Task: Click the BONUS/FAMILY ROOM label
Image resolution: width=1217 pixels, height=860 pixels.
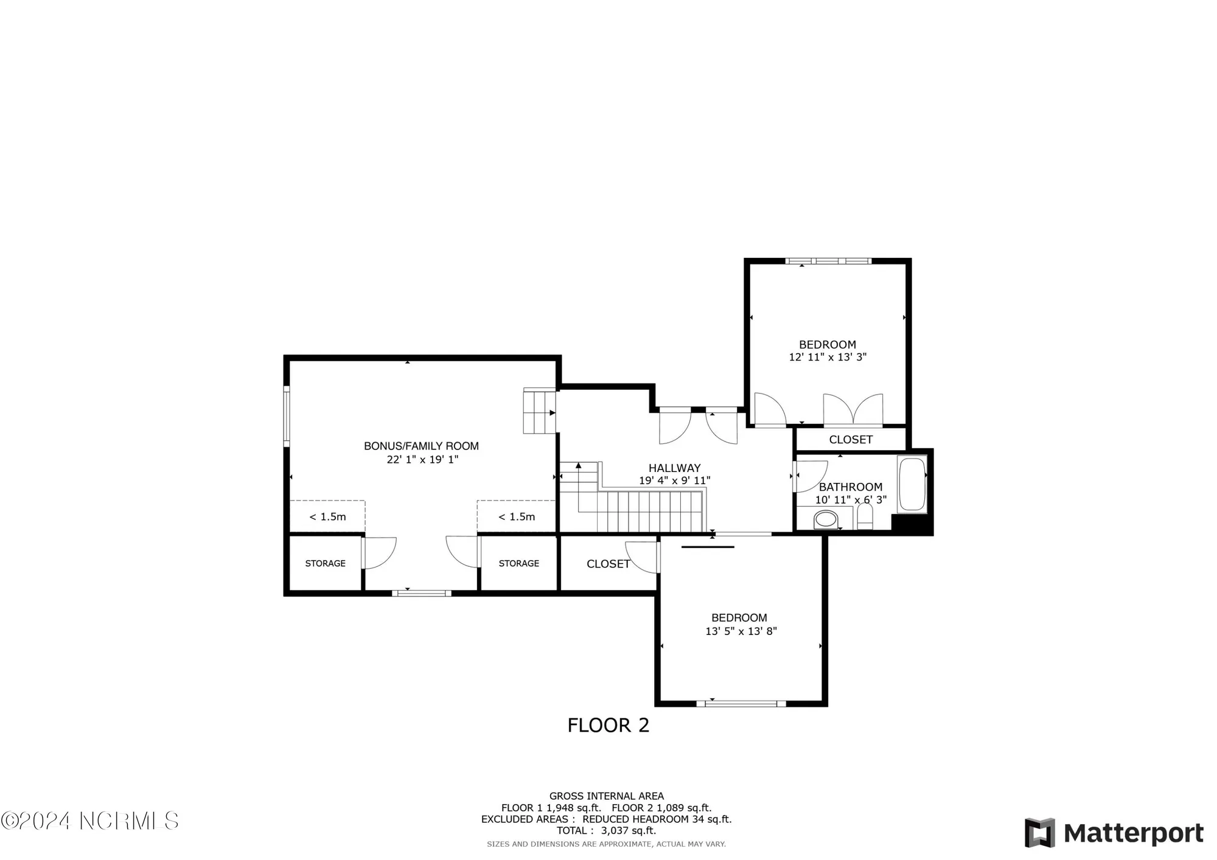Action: [421, 446]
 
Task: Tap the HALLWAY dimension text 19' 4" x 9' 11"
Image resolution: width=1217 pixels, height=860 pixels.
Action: [674, 480]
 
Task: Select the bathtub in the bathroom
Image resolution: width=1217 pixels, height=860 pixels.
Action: [912, 484]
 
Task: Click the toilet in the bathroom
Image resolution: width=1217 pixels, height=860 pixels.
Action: [865, 518]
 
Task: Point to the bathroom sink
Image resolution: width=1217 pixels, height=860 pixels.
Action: [826, 519]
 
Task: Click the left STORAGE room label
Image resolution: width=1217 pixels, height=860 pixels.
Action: [325, 563]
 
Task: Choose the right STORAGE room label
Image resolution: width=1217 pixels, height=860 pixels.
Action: [518, 563]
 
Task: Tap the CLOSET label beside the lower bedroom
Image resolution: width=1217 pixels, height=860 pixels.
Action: [607, 564]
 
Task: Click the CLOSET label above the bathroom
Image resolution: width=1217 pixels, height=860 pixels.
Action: [851, 439]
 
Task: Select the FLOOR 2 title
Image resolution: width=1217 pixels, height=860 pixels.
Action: [608, 725]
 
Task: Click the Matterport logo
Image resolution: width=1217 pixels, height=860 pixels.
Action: [1114, 833]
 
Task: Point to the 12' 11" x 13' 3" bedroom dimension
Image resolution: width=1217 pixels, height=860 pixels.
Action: [828, 357]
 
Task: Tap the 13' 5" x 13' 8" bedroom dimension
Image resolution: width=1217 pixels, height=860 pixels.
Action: [741, 631]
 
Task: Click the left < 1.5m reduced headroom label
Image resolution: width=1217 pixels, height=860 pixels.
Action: [327, 517]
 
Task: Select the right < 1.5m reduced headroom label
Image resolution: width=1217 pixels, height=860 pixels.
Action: [517, 517]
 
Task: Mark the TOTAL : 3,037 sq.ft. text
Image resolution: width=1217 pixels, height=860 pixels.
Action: [606, 830]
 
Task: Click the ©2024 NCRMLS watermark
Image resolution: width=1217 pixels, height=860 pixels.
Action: [90, 820]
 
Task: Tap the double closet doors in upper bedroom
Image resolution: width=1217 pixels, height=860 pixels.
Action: [853, 409]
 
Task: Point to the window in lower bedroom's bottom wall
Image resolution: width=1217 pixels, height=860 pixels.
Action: [741, 704]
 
